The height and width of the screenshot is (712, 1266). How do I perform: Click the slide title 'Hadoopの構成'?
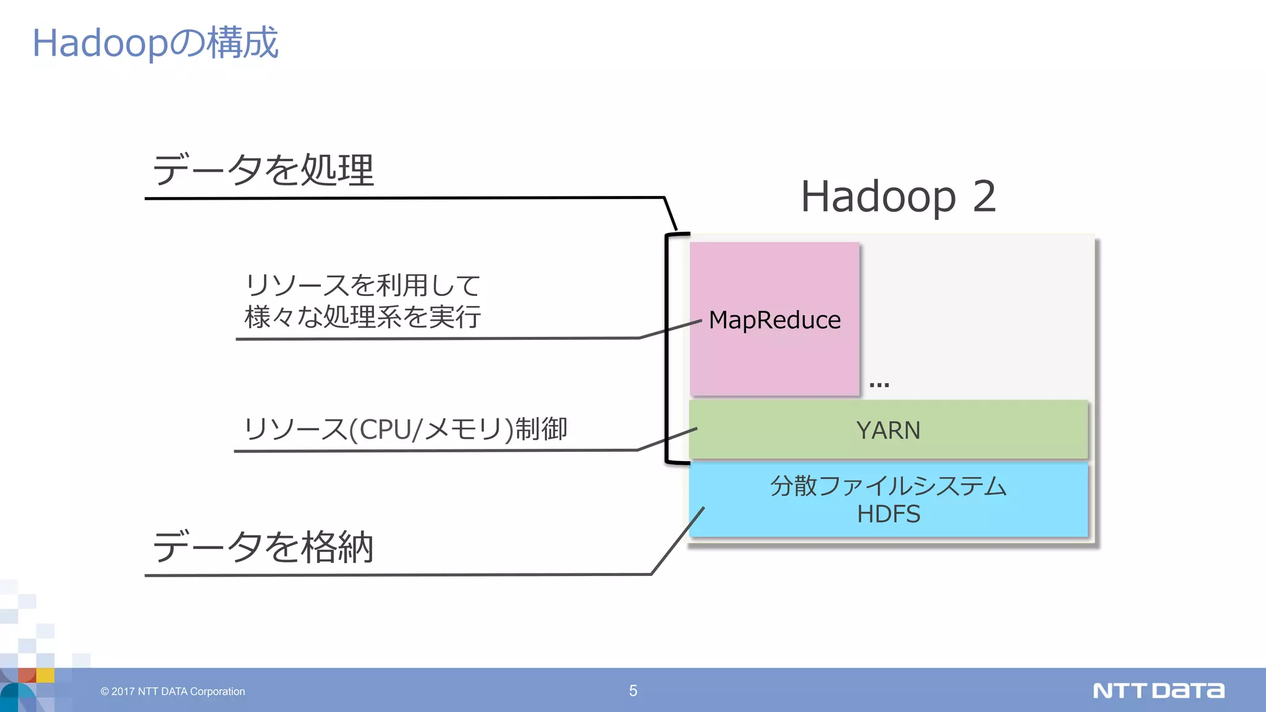pyautogui.click(x=155, y=43)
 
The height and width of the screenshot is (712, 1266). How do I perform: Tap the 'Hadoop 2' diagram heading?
pyautogui.click(x=898, y=197)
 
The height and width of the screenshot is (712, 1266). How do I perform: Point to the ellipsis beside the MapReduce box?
pyautogui.click(x=878, y=384)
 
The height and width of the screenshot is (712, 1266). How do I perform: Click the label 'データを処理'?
pyautogui.click(x=263, y=170)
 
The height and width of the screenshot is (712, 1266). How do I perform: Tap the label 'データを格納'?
pyautogui.click(x=263, y=547)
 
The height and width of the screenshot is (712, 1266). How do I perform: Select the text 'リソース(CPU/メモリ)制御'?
pyautogui.click(x=406, y=429)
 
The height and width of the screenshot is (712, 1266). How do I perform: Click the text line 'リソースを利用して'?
pyautogui.click(x=363, y=286)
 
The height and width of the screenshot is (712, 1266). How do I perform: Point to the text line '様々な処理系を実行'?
pyautogui.click(x=363, y=317)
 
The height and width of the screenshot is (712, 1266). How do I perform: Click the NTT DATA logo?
pyautogui.click(x=1158, y=690)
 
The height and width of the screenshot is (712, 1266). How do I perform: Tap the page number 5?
pyautogui.click(x=633, y=691)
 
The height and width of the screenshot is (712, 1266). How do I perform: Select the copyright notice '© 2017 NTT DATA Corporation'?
pyautogui.click(x=173, y=692)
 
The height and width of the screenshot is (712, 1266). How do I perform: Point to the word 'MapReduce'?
pyautogui.click(x=775, y=320)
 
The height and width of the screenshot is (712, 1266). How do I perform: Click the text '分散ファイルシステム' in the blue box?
pyautogui.click(x=888, y=486)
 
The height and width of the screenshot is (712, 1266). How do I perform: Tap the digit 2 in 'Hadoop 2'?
pyautogui.click(x=983, y=197)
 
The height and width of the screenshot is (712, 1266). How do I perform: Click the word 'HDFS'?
pyautogui.click(x=888, y=514)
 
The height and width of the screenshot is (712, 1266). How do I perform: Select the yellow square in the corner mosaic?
pyautogui.click(x=45, y=675)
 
